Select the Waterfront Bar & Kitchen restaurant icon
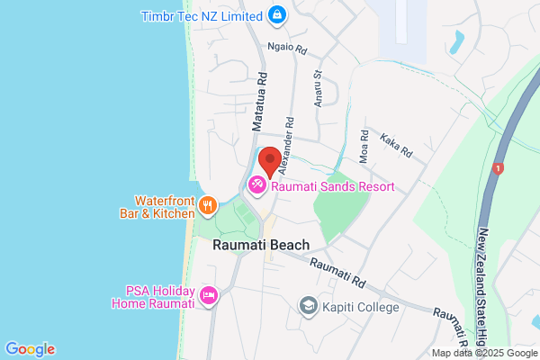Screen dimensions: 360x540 [208, 205]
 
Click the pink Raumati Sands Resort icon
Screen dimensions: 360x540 [256, 185]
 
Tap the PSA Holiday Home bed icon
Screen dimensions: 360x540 [209, 295]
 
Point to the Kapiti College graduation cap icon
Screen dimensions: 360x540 [308, 308]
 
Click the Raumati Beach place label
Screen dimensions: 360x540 [261, 245]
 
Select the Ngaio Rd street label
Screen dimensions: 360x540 [287, 47]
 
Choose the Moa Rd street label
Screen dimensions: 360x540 [364, 146]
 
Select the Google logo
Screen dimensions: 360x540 [30, 349]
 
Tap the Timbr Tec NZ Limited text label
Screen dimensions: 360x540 [203, 15]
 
